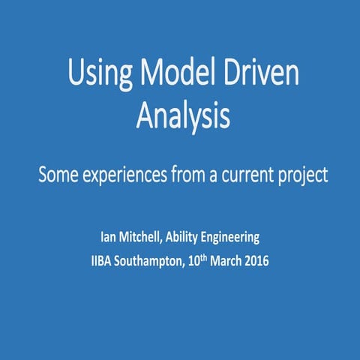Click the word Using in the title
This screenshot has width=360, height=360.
(x=96, y=76)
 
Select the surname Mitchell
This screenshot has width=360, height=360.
(x=145, y=238)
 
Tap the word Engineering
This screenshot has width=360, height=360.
(x=235, y=238)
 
